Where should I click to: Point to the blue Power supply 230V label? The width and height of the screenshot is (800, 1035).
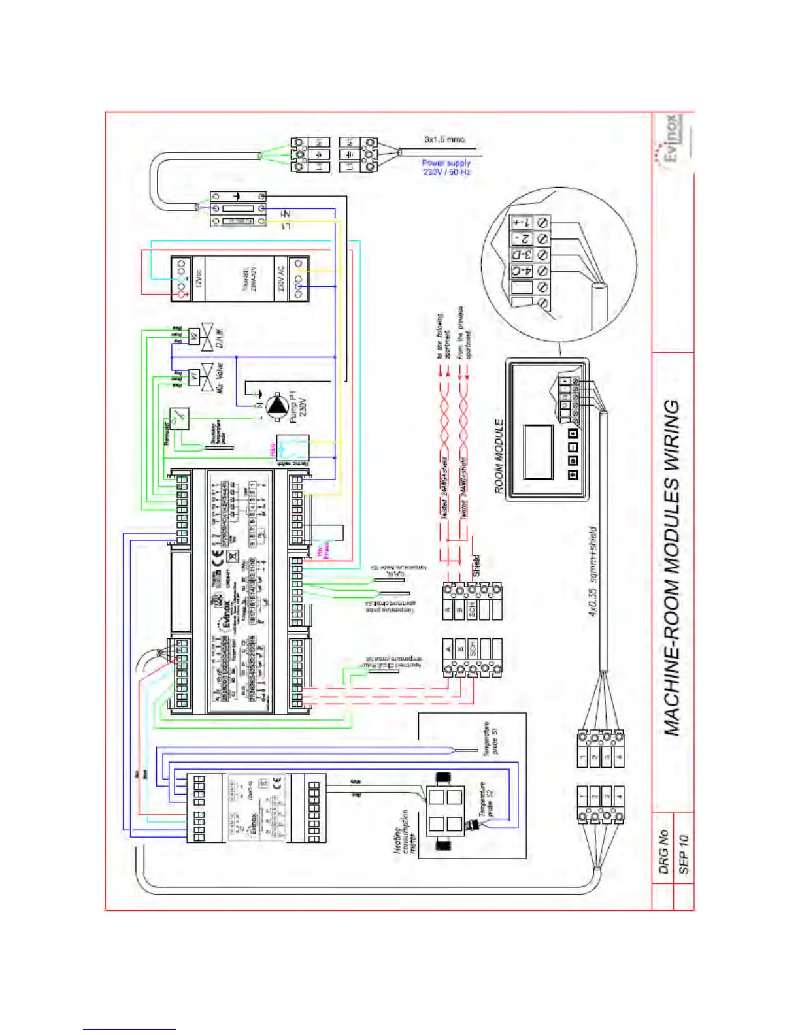pos(446,167)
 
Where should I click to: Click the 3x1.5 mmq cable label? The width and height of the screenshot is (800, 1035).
pos(444,139)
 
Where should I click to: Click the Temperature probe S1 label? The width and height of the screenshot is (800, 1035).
pos(490,739)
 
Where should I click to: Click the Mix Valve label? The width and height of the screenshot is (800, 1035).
pos(220,378)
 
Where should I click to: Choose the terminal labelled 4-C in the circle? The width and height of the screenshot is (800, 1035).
pos(522,271)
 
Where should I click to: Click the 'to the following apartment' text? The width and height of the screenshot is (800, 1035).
pos(444,337)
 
